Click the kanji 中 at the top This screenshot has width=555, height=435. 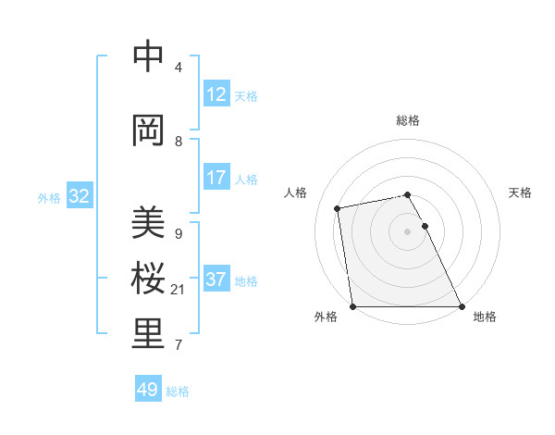coord(148,57)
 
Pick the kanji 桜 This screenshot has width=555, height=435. coord(148,279)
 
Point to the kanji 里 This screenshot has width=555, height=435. coord(148,335)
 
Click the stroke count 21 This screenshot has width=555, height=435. coord(179,290)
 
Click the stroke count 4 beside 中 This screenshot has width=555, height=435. coord(179,68)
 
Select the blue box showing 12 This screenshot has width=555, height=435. coord(216,94)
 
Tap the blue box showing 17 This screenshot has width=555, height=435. coord(216,178)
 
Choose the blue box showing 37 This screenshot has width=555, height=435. coord(216,280)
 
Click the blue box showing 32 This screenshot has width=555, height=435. coord(80,196)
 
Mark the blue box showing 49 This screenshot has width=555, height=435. coord(148,390)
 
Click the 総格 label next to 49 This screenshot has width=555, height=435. coord(179,391)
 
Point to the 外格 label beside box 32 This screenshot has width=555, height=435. coord(49,197)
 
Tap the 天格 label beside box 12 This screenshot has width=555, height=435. coord(246,95)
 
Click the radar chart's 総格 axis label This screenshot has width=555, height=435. coord(408,120)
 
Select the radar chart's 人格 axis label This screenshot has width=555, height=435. coord(296,193)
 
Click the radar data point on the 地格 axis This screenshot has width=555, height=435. coord(462,306)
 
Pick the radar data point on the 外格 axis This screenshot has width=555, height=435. coord(352,306)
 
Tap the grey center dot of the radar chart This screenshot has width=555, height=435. coord(407,231)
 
